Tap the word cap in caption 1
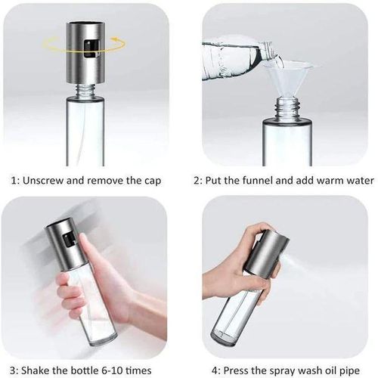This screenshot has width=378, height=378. click(151, 181)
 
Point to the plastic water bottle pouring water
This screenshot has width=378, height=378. click(234, 57)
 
